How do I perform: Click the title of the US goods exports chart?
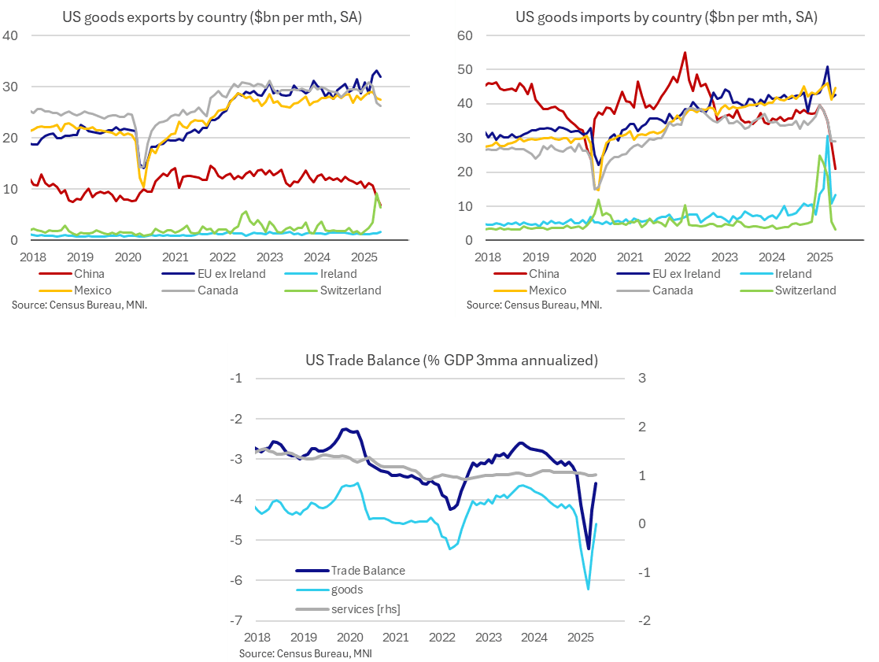tap(212, 17)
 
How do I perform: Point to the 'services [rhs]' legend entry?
tap(366, 608)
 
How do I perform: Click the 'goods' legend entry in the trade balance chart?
tap(346, 589)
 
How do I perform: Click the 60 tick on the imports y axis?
tap(464, 35)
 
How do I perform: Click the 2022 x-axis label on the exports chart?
tap(222, 257)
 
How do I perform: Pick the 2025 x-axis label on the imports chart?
tap(820, 257)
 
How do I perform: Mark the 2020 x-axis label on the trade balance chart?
tap(349, 636)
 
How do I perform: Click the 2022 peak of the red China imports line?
tap(685, 53)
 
